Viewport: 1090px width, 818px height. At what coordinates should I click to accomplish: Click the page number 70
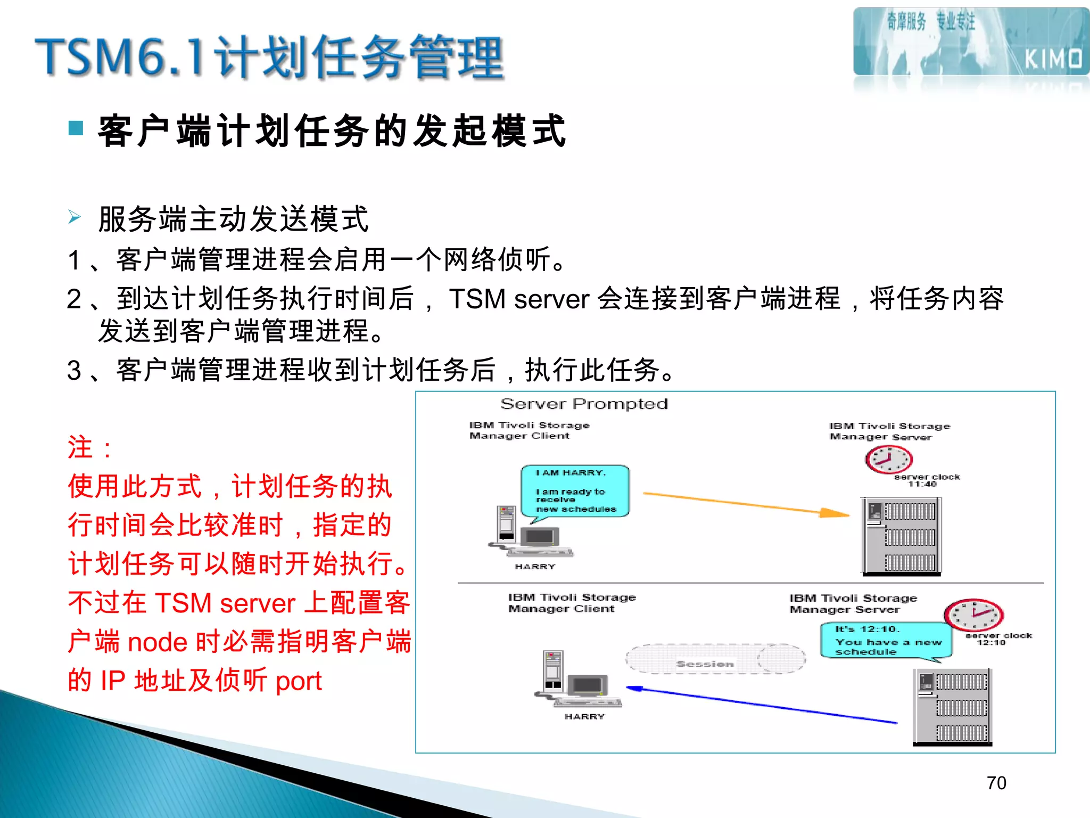(x=996, y=783)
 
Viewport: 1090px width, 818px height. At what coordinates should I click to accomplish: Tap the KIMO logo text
(x=1053, y=59)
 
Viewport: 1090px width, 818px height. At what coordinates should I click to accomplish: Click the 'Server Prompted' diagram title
(x=584, y=404)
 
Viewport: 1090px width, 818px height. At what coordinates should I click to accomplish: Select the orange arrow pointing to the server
(x=745, y=503)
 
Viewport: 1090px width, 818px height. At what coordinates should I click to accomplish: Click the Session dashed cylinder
(x=715, y=659)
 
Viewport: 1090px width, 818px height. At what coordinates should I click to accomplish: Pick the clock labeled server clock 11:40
(x=888, y=459)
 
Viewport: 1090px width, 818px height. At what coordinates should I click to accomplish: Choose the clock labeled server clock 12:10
(x=973, y=615)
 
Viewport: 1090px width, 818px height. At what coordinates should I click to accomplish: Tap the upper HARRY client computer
(x=529, y=533)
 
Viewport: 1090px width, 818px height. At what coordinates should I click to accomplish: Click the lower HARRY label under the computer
(x=584, y=717)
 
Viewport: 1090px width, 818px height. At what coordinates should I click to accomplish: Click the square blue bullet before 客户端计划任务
(x=76, y=128)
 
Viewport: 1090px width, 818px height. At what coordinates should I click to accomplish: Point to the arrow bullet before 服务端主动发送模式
(x=75, y=217)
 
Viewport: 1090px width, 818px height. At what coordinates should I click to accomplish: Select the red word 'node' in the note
(x=158, y=642)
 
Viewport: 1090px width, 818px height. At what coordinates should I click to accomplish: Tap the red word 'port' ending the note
(x=299, y=681)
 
